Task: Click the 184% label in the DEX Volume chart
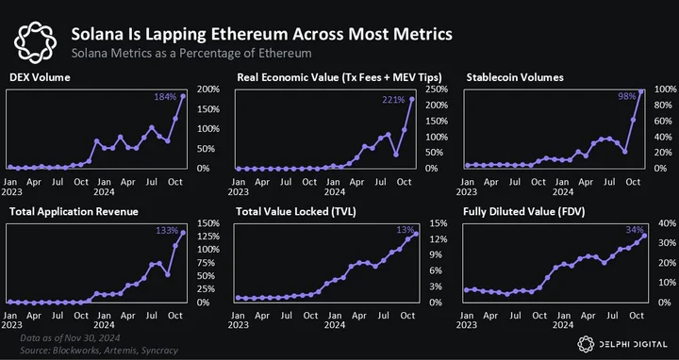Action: (164, 97)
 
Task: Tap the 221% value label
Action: (393, 100)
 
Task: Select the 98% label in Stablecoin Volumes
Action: (626, 96)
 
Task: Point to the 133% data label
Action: (166, 230)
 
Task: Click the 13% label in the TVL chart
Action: (406, 229)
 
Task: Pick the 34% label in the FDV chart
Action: (635, 230)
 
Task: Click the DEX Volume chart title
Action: (40, 77)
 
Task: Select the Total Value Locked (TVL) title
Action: (296, 212)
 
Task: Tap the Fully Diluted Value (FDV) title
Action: (524, 212)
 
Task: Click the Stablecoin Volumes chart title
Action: (515, 77)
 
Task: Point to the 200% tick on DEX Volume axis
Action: (209, 90)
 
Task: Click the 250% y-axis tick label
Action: (438, 90)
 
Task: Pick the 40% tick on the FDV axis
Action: (667, 223)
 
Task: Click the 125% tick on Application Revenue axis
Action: (209, 237)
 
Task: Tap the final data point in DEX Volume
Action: (183, 96)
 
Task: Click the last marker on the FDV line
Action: (644, 236)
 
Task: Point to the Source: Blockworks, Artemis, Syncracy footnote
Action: (99, 350)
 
